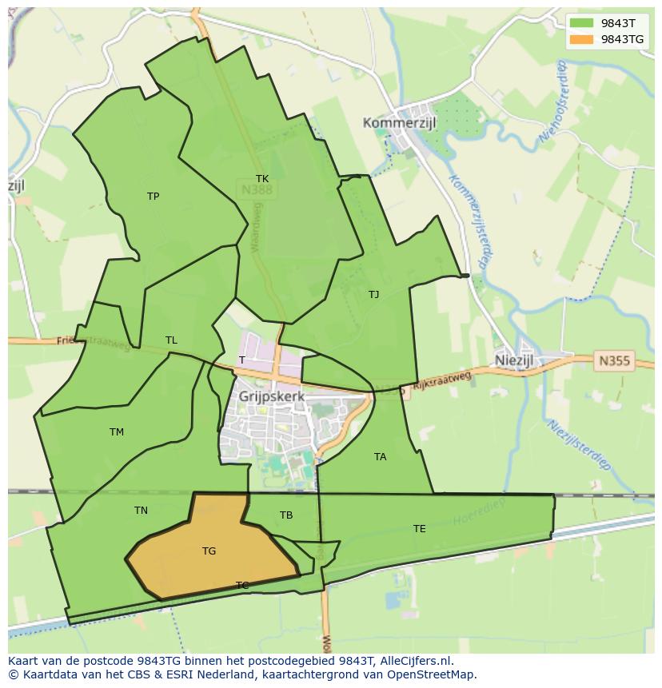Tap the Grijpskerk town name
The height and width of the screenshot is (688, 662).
point(272,396)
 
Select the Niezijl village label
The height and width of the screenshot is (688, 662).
point(513,360)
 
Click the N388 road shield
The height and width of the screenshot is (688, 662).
point(256,190)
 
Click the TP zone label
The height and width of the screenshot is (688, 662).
point(153,197)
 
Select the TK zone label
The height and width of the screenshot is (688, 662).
point(262,179)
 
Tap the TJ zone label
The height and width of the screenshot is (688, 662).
point(373,295)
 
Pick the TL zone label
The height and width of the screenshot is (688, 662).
point(171,340)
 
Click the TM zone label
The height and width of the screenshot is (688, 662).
point(117,432)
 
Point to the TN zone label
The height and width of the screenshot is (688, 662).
point(141,511)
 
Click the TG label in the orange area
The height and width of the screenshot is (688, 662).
point(209,551)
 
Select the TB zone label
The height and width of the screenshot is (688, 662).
point(286,515)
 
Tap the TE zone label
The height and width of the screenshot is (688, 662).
point(419,529)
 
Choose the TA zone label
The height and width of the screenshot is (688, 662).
point(380,457)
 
